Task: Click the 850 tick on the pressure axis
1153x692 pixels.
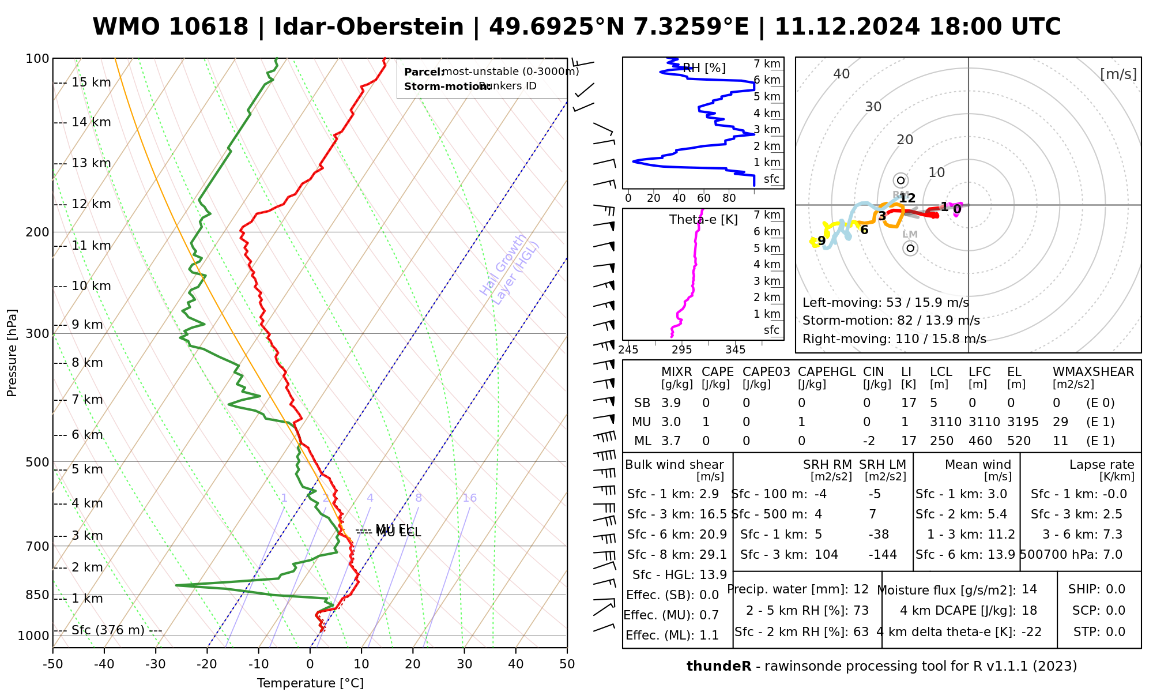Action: [x=37, y=595]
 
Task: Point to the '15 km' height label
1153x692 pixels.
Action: [x=91, y=82]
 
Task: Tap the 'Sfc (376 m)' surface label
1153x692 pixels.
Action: [x=108, y=630]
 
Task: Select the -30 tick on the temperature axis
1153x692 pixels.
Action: [x=156, y=664]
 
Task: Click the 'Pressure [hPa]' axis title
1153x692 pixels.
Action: [x=12, y=353]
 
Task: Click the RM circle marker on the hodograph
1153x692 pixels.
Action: [x=900, y=180]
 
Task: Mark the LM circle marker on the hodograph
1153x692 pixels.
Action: [x=910, y=249]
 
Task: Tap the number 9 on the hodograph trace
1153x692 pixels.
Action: [x=822, y=240]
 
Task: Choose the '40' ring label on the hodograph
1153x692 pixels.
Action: [x=842, y=74]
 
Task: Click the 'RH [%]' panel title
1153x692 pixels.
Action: [x=704, y=68]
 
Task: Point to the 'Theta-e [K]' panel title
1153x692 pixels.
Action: [x=703, y=220]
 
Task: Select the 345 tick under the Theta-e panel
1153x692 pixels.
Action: [x=735, y=349]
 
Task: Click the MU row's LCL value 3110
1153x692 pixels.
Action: [x=945, y=422]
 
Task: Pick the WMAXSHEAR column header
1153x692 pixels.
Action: [x=1093, y=372]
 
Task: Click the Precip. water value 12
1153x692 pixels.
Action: [x=861, y=589]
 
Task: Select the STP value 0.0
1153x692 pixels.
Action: [x=1116, y=631]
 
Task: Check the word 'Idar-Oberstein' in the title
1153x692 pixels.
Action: [x=369, y=27]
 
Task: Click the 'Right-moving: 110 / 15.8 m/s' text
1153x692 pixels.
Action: [x=894, y=339]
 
